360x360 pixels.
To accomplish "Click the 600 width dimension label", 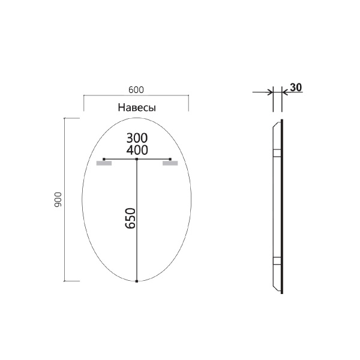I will point(136,89).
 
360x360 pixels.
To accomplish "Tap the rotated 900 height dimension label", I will point(59,199).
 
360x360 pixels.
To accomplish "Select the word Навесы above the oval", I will point(136,108).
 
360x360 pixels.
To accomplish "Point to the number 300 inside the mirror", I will point(137,137).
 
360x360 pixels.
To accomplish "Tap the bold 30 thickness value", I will point(295,87).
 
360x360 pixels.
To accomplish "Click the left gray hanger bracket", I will point(104,163).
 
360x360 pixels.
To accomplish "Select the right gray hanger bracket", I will point(170,163).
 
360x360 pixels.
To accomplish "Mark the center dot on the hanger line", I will point(137,159).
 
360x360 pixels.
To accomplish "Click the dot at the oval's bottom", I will point(137,280).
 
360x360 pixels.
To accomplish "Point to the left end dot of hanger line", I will point(104,159).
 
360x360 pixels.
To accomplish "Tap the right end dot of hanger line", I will point(170,159).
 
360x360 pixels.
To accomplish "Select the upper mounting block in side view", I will point(277,152).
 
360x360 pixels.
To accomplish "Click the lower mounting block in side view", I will point(277,261).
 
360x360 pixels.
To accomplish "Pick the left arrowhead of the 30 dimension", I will point(270,92).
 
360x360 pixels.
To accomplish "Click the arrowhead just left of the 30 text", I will point(285,92).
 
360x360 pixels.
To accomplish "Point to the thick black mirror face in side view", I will point(282,204).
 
